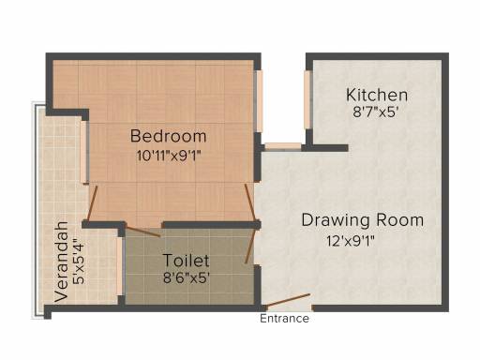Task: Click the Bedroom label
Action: [x=168, y=136]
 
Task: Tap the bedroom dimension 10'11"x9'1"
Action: [x=168, y=156]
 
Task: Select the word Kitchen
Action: [x=377, y=95]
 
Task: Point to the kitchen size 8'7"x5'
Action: [x=375, y=112]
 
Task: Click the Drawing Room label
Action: [x=363, y=220]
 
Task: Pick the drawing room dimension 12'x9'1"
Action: [x=351, y=241]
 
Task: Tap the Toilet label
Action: [x=186, y=261]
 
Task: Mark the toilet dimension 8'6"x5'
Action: [x=186, y=277]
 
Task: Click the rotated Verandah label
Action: [x=61, y=262]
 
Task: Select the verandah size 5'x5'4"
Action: [x=78, y=262]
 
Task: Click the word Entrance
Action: [x=284, y=319]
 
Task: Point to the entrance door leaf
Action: [x=288, y=300]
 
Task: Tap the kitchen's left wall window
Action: [x=308, y=99]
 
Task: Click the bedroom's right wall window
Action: [x=258, y=101]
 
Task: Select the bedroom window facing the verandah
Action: [x=84, y=152]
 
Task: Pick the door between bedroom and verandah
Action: [x=93, y=203]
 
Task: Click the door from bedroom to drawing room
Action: [x=250, y=202]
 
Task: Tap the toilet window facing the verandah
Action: [x=120, y=266]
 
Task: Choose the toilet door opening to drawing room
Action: [x=250, y=246]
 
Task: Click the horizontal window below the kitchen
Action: [x=283, y=147]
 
